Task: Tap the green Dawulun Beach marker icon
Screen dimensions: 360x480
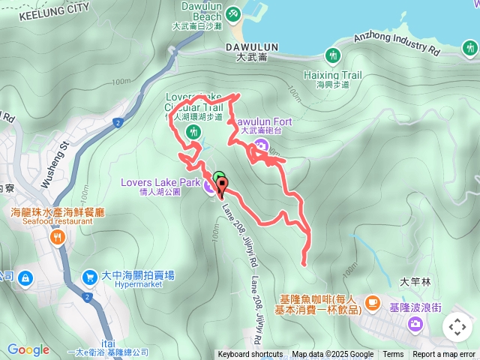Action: pyautogui.click(x=233, y=13)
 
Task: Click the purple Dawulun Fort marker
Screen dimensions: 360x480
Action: pyautogui.click(x=261, y=145)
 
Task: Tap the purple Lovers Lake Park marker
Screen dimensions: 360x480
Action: pyautogui.click(x=208, y=187)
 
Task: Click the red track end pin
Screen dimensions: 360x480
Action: pyautogui.click(x=222, y=187)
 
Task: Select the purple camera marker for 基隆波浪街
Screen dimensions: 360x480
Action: pyautogui.click(x=415, y=323)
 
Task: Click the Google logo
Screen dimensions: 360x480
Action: pyautogui.click(x=28, y=349)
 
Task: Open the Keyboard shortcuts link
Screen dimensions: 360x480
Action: pyautogui.click(x=250, y=355)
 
